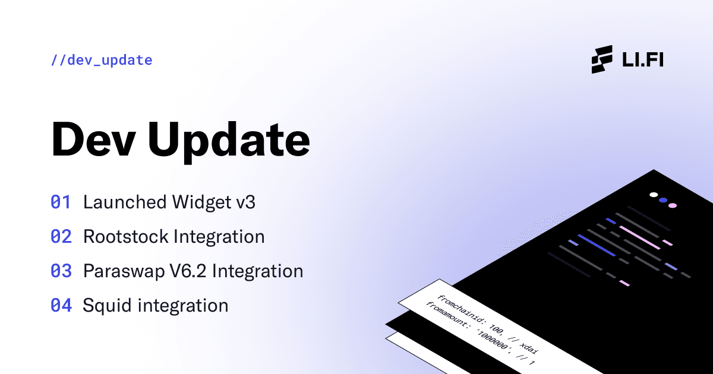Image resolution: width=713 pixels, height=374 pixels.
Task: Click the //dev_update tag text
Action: tap(102, 60)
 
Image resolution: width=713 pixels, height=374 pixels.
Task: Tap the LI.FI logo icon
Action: tap(602, 59)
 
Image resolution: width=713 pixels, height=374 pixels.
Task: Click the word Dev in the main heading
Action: tap(92, 140)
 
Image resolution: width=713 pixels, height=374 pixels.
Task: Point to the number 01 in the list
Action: tap(61, 202)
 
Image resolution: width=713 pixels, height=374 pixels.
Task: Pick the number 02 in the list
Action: tap(61, 237)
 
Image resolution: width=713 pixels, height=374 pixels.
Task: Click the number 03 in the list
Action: tap(61, 271)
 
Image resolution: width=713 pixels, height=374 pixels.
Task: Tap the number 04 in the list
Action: tap(61, 306)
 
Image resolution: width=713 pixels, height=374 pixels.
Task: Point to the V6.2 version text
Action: tap(187, 271)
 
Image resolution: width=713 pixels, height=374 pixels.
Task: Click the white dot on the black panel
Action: tap(654, 195)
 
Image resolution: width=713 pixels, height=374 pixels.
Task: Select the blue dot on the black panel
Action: tap(663, 200)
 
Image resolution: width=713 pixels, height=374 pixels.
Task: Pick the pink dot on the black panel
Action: tap(673, 205)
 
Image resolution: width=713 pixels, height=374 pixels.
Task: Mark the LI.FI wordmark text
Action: tap(642, 60)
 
